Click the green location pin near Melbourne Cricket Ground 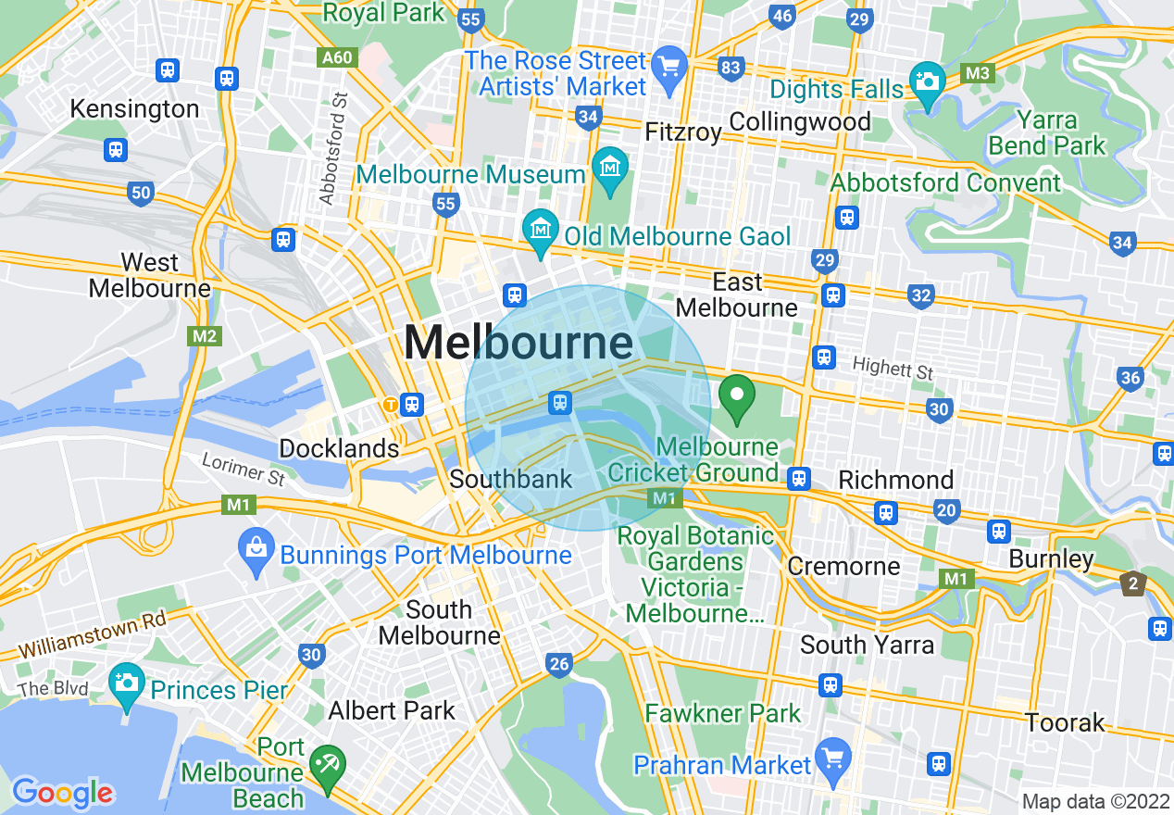point(737,399)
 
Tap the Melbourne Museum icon point(610,169)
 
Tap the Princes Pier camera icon point(127,683)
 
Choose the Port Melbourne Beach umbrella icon point(328,765)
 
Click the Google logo point(62,792)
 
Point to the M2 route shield point(205,336)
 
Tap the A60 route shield point(336,57)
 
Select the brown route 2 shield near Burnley point(1132,583)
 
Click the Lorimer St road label point(244,471)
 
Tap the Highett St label point(893,369)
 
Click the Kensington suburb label point(134,109)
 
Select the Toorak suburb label point(1065,722)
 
